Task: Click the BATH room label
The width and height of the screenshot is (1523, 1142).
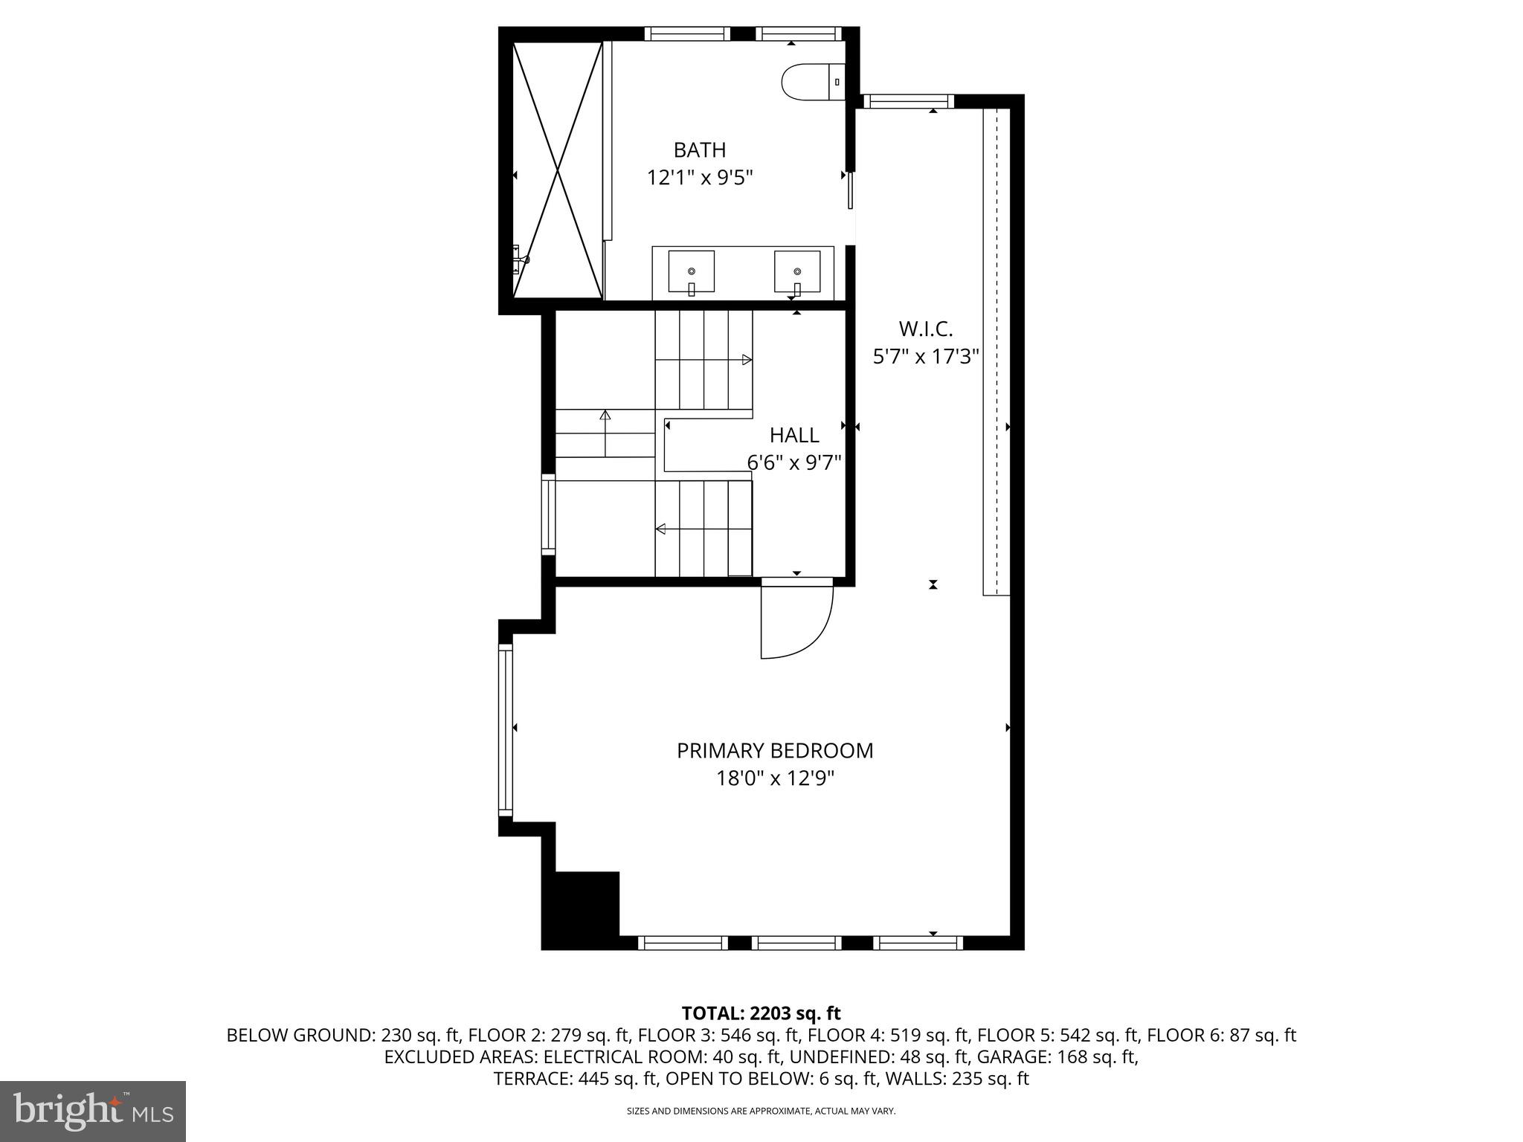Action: click(x=699, y=150)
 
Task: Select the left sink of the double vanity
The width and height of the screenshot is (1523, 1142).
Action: click(x=691, y=271)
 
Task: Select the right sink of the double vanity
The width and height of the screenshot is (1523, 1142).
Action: click(x=796, y=271)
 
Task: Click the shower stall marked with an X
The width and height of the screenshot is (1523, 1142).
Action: click(x=557, y=170)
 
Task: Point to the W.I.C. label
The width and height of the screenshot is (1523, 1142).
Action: click(x=925, y=329)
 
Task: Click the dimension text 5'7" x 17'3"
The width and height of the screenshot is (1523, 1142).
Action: click(x=925, y=357)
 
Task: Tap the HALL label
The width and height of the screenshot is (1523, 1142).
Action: click(x=794, y=435)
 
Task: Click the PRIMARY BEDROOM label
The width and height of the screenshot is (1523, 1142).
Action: click(x=775, y=751)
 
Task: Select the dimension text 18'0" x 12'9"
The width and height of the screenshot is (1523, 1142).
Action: click(x=775, y=779)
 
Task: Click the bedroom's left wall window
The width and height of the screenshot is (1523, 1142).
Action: click(x=506, y=729)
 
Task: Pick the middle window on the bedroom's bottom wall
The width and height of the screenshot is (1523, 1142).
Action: click(x=796, y=943)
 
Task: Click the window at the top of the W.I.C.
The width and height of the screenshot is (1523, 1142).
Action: click(x=908, y=102)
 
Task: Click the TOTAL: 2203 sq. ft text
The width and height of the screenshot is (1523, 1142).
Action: click(x=761, y=1013)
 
